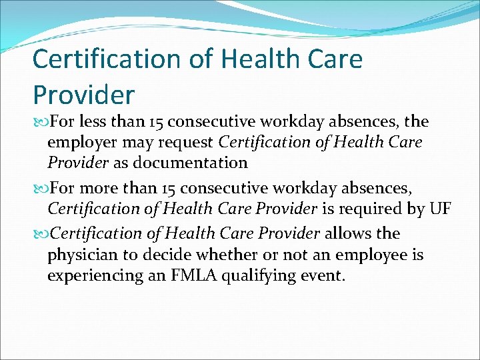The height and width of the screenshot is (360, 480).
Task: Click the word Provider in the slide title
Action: [x=83, y=95]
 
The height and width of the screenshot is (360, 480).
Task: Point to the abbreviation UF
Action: [x=440, y=209]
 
